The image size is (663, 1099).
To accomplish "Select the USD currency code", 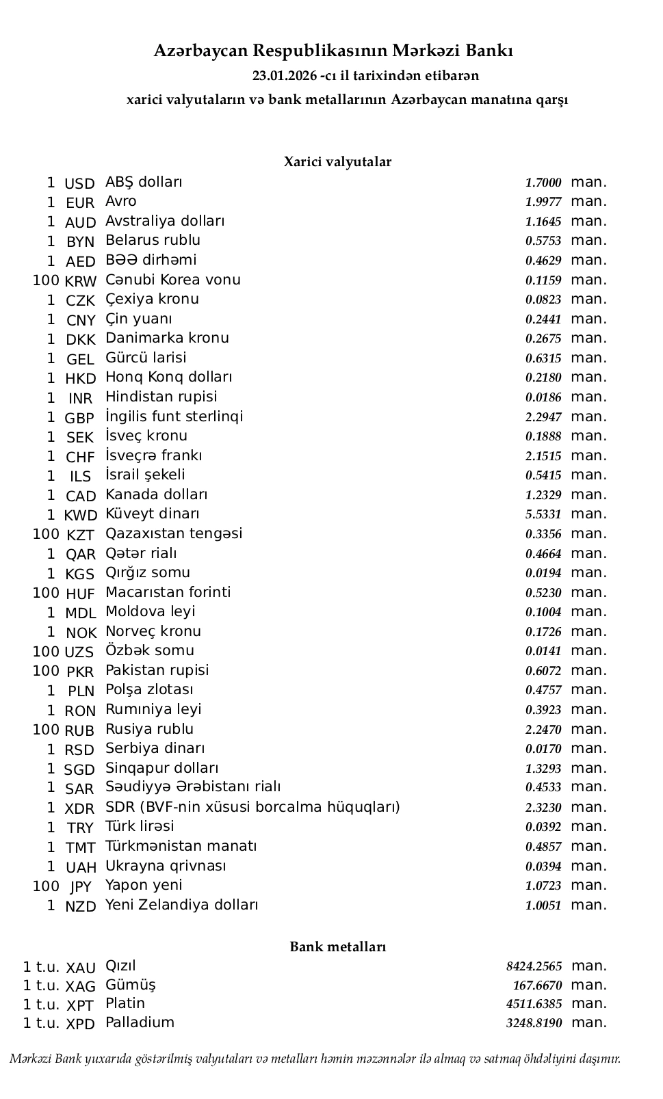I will click(x=79, y=184).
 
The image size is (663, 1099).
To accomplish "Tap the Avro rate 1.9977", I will click(x=543, y=202).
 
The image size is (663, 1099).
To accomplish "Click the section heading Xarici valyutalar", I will click(x=337, y=162).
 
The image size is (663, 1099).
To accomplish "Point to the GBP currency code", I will click(x=79, y=419).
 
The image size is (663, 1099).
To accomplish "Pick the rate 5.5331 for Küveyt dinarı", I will click(x=543, y=514).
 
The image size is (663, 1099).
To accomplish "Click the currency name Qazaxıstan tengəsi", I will click(x=174, y=533).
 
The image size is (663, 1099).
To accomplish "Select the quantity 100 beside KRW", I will click(x=46, y=280).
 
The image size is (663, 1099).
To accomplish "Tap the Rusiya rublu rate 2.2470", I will click(x=543, y=730).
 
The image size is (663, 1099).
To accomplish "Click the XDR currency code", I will click(x=79, y=809).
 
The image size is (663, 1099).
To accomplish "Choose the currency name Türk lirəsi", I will click(x=140, y=826).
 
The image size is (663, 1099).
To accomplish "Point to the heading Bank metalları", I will click(x=337, y=947).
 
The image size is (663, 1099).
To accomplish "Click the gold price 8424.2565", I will click(x=534, y=966).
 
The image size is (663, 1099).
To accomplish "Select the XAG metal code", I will click(x=81, y=987).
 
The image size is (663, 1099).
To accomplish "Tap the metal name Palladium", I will click(x=140, y=1022).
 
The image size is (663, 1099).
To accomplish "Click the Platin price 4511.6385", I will click(x=534, y=1004).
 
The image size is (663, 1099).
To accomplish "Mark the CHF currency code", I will click(x=80, y=458).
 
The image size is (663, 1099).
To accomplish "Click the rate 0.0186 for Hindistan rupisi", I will click(x=543, y=397).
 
